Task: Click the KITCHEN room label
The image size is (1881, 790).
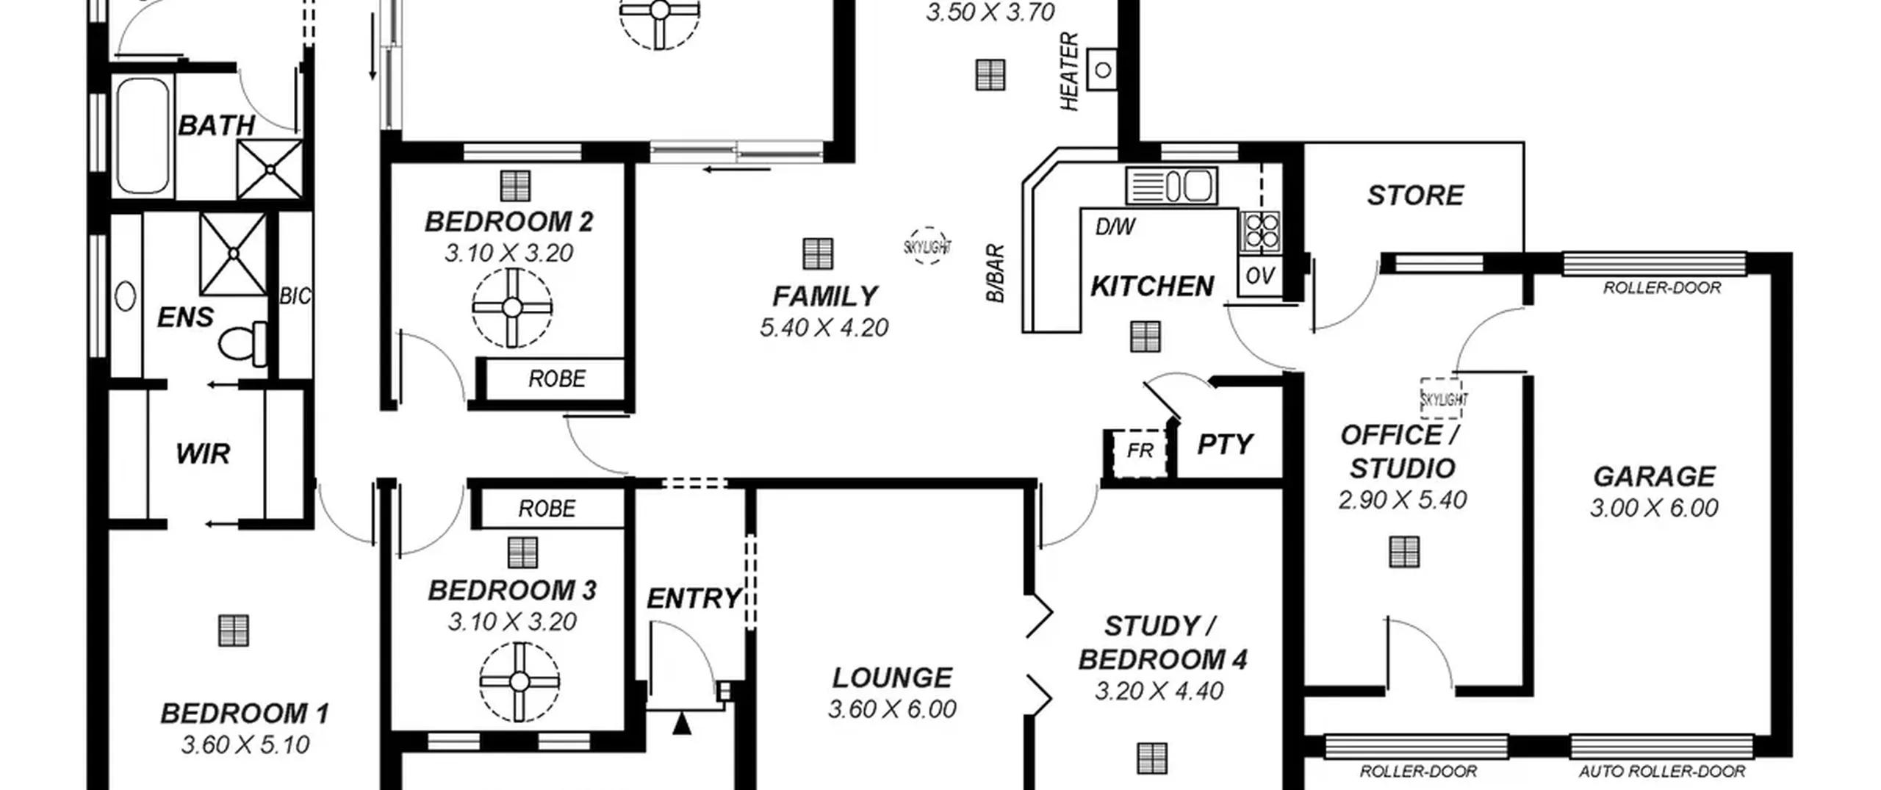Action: pos(1151,286)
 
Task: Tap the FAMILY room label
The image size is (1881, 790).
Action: pos(824,296)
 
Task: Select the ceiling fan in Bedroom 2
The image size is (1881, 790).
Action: pos(512,307)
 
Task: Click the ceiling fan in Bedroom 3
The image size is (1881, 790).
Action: pos(519,682)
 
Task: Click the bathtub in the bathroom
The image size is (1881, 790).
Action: pos(143,135)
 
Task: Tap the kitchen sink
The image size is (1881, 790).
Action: pos(1171,185)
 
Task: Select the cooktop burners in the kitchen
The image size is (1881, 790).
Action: pos(1260,231)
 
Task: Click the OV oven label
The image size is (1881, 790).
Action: pos(1260,276)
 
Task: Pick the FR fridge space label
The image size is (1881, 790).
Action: pos(1140,450)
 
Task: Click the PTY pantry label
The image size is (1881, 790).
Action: pos(1225,444)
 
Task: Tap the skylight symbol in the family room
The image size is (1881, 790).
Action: pos(928,246)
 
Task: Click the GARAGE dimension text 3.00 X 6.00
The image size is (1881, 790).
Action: pos(1654,508)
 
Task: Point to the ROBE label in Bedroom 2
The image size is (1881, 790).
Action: pos(557,378)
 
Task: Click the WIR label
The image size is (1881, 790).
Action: pos(203,453)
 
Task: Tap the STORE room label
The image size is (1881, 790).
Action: pos(1415,195)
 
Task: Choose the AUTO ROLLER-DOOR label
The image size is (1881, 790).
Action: pos(1662,772)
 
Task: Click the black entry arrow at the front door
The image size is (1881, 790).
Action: pos(682,723)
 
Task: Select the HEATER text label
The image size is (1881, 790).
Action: pos(1069,71)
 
